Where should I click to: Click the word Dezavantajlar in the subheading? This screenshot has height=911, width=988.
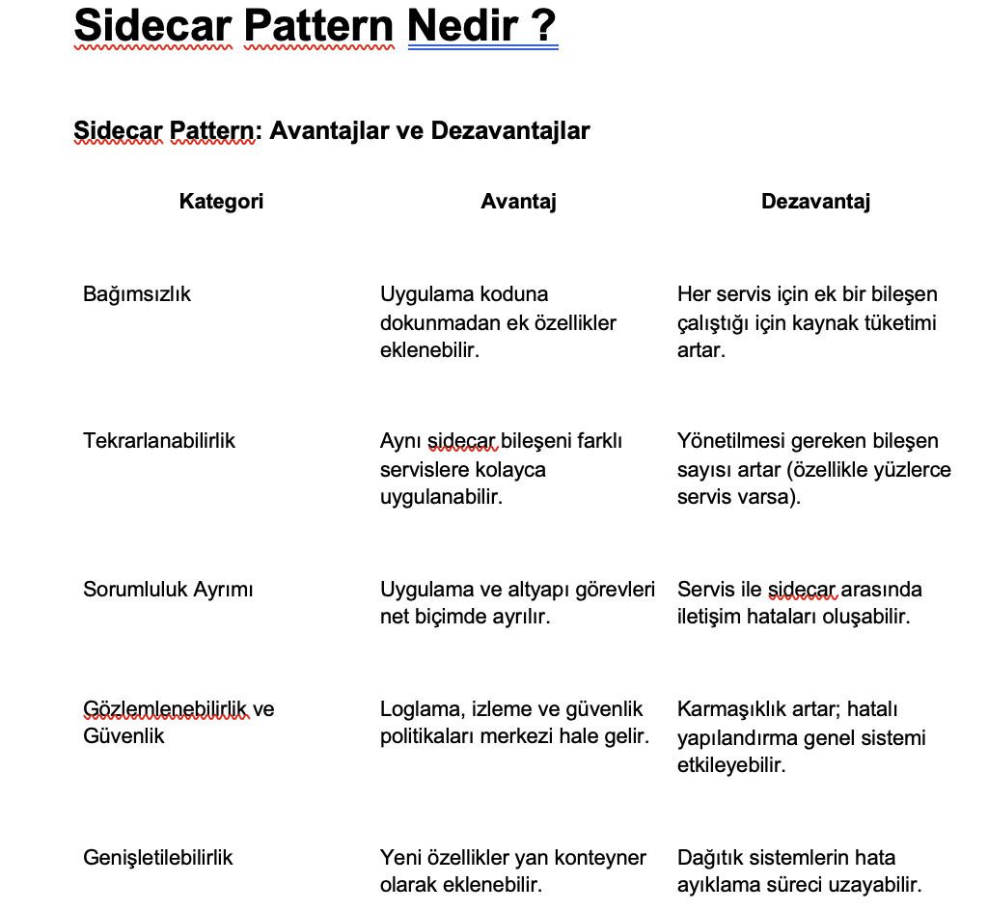(x=510, y=130)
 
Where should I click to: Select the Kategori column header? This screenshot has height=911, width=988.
(x=221, y=202)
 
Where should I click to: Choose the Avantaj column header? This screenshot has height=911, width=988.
(x=518, y=202)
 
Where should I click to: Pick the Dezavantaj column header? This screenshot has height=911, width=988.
(x=815, y=202)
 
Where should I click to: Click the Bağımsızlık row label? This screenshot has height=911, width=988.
(x=137, y=294)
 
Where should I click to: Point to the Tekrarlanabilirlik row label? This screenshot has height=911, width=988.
(x=159, y=441)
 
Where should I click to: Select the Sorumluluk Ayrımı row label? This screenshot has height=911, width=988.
(x=168, y=590)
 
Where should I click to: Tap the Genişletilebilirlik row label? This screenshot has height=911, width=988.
(x=158, y=857)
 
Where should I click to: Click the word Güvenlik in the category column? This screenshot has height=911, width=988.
(x=123, y=736)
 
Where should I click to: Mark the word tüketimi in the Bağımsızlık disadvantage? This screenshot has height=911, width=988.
(x=897, y=322)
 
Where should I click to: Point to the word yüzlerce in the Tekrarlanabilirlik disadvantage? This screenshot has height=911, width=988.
(x=912, y=470)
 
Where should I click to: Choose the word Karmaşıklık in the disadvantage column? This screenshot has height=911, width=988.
(x=735, y=709)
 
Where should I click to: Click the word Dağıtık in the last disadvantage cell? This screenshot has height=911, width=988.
(x=710, y=857)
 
